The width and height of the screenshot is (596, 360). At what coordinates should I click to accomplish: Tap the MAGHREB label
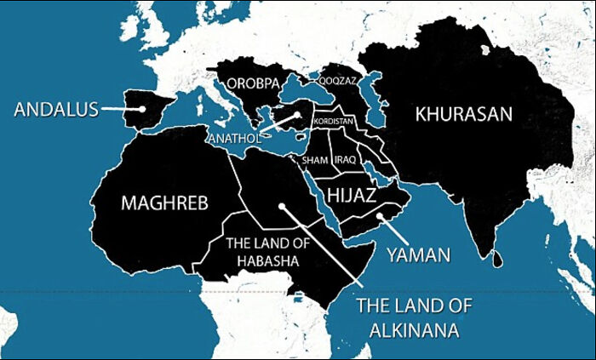(x=164, y=203)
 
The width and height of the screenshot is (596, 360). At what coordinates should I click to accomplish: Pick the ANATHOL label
(x=232, y=137)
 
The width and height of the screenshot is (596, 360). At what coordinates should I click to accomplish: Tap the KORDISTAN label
(x=333, y=122)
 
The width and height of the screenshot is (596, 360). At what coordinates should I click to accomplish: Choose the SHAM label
(x=315, y=160)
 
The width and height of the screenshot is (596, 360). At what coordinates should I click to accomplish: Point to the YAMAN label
(x=418, y=254)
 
